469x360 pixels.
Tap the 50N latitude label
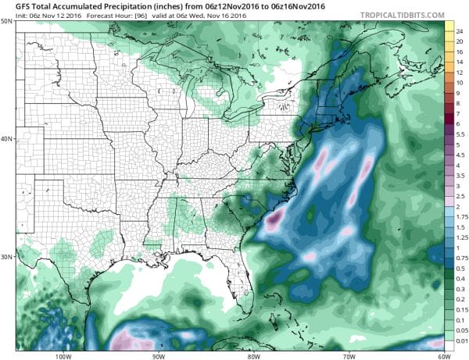(7, 22)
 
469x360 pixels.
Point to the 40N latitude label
(7, 139)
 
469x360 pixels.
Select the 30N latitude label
(7, 256)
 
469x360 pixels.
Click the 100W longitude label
(63, 355)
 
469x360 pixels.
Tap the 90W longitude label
(158, 355)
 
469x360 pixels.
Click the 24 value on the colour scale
(460, 28)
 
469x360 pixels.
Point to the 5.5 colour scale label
(461, 134)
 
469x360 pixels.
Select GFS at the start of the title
(13, 6)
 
